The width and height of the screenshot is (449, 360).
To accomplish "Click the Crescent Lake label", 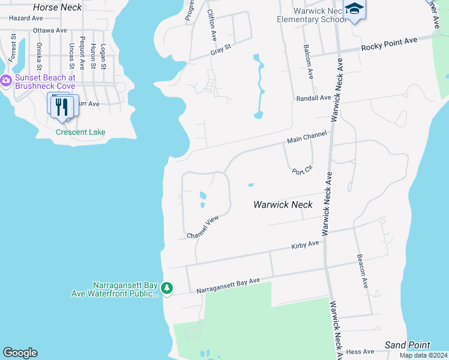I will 80,132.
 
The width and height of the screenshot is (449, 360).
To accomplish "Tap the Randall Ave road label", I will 313,98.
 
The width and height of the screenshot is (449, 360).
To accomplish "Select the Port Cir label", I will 302,170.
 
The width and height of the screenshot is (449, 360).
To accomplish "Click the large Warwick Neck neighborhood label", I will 283,205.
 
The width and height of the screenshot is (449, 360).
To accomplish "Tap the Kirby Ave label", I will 305,245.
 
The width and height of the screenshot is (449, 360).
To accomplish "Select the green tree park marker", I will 167,289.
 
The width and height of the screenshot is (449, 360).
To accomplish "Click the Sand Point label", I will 407,345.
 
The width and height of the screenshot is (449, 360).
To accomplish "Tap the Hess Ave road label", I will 360,352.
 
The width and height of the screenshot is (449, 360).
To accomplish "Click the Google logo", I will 20,353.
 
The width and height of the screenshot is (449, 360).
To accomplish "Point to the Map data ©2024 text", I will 423,355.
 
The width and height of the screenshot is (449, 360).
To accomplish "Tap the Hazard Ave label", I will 22,19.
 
